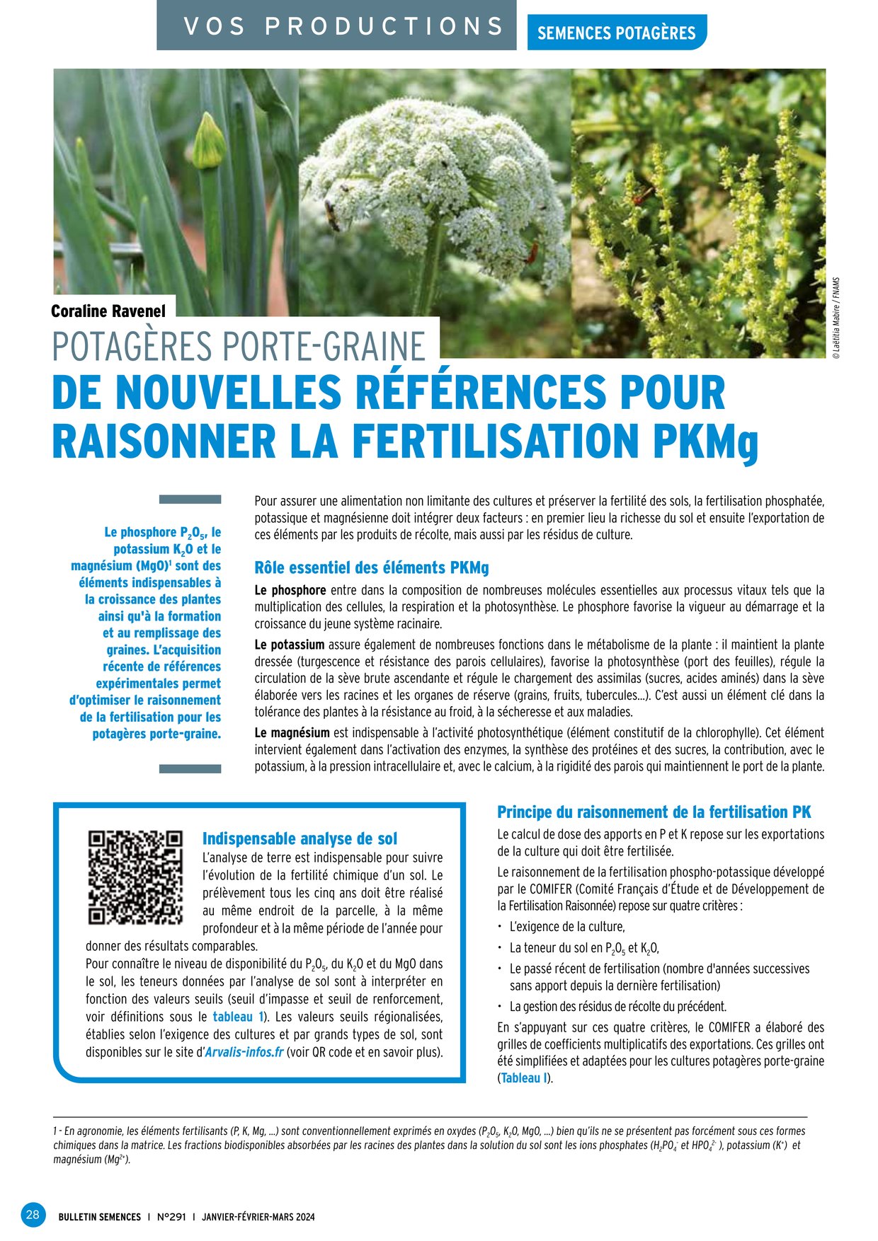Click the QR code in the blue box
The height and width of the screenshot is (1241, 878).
pyautogui.click(x=135, y=877)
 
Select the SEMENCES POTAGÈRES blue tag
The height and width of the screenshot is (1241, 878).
pyautogui.click(x=616, y=33)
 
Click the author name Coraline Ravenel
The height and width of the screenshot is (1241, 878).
pyautogui.click(x=108, y=311)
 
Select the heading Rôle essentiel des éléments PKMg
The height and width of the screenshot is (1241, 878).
pyautogui.click(x=372, y=567)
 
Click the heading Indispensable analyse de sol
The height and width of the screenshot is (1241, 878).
pyautogui.click(x=300, y=838)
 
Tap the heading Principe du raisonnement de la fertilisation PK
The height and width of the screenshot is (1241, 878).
pyautogui.click(x=654, y=812)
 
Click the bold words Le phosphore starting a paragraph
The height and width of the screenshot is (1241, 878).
pyautogui.click(x=290, y=590)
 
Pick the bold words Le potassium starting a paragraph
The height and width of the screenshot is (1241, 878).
pyautogui.click(x=289, y=645)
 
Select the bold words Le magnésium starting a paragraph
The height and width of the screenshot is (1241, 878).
pyautogui.click(x=292, y=732)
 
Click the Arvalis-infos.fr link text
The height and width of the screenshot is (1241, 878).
pyautogui.click(x=244, y=1052)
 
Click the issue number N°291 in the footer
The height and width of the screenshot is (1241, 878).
pyautogui.click(x=171, y=1217)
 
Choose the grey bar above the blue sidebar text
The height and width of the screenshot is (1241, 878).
pyautogui.click(x=190, y=500)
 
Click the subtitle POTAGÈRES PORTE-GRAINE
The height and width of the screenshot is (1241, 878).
pyautogui.click(x=239, y=347)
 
